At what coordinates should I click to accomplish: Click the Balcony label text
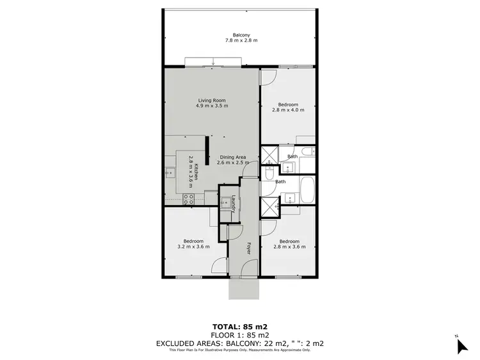pyautogui.click(x=241, y=35)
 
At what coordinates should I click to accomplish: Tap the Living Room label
pyautogui.click(x=211, y=100)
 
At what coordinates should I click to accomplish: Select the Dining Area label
pyautogui.click(x=233, y=157)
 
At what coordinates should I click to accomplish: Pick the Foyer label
pyautogui.click(x=248, y=249)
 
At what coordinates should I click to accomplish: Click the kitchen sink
pyautogui.click(x=170, y=172)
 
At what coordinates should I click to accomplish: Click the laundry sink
pyautogui.click(x=226, y=203)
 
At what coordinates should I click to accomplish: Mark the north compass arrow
pyautogui.click(x=462, y=346)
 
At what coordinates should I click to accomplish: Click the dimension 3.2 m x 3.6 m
pyautogui.click(x=193, y=247)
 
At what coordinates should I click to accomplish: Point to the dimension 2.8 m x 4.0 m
pyautogui.click(x=287, y=110)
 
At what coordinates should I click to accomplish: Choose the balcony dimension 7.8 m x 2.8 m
pyautogui.click(x=241, y=40)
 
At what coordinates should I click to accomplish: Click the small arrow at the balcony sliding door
pyautogui.click(x=213, y=62)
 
